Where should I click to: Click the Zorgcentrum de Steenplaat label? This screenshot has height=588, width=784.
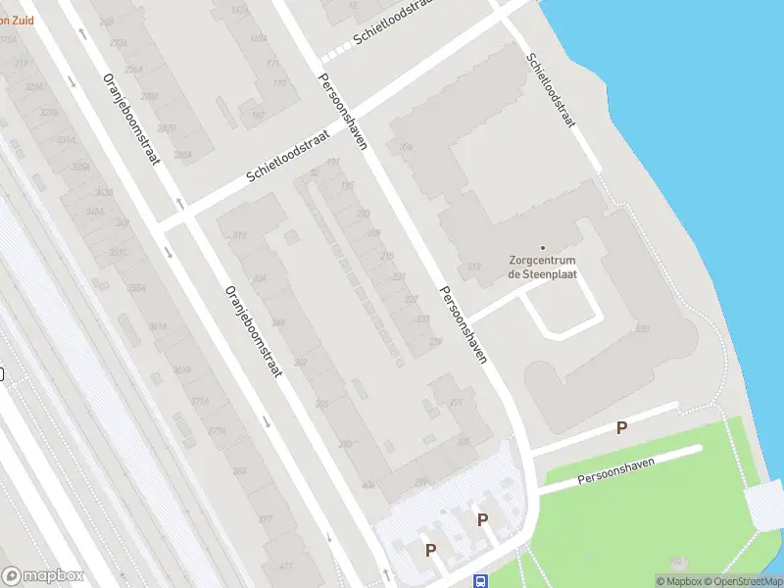(542, 267)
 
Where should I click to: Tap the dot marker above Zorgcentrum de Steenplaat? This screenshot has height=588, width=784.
(543, 247)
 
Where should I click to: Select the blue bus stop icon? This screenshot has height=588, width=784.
(480, 581)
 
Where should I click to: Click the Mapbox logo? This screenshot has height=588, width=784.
(43, 576)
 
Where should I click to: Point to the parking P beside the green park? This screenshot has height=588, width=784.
(620, 427)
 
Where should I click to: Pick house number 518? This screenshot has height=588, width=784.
(474, 267)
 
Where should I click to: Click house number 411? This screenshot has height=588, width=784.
(286, 566)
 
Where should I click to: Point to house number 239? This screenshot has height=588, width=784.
(434, 342)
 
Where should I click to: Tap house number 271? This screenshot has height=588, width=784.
(455, 403)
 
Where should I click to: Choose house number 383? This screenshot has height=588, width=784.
(239, 471)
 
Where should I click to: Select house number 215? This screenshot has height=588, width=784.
(386, 255)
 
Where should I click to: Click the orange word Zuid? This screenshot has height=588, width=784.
(25, 17)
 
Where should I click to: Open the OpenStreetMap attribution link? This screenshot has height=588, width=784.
(744, 581)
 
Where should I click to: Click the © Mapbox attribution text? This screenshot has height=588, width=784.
(680, 581)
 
